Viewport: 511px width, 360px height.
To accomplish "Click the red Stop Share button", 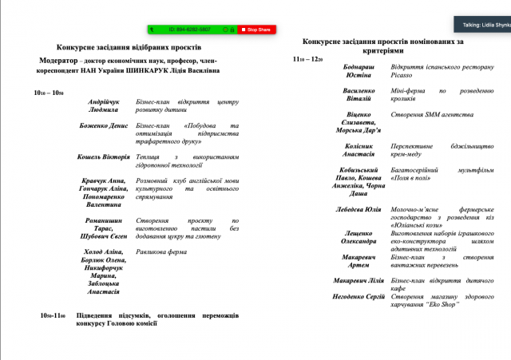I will (x=255, y=30).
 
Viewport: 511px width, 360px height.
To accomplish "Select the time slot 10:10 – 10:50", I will (x=49, y=93).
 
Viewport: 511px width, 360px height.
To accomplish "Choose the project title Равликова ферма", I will (x=161, y=251).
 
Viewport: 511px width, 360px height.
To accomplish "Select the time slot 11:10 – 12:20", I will (x=307, y=59).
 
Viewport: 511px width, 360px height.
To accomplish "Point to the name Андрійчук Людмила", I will (x=105, y=107).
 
